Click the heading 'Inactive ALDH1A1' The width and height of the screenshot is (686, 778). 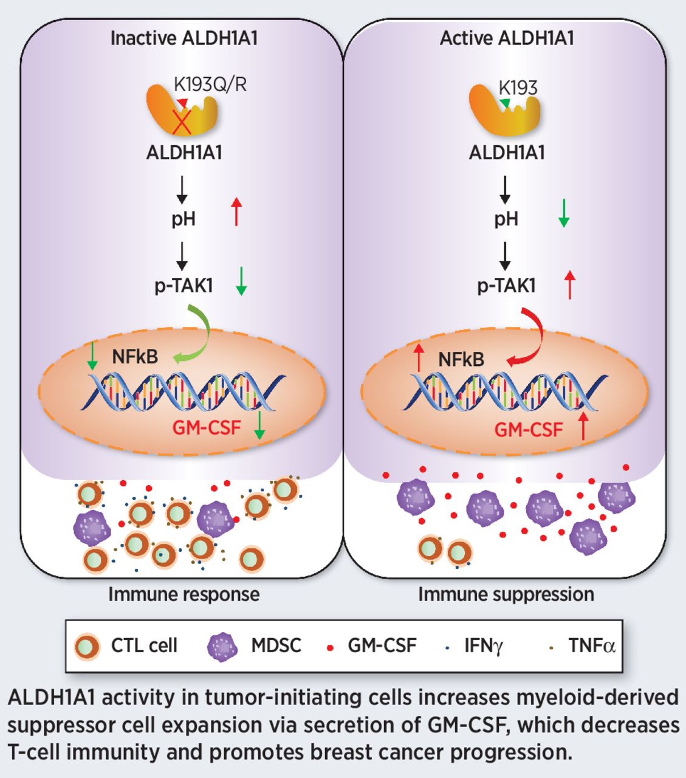click(184, 38)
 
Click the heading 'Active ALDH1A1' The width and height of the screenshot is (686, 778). click(506, 38)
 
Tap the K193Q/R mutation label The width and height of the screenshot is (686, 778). click(210, 84)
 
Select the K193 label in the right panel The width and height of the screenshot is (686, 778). click(518, 88)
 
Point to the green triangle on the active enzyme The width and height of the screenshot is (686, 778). click(504, 104)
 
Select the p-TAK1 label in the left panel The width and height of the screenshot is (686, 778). click(184, 286)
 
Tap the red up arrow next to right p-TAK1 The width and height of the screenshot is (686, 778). click(569, 285)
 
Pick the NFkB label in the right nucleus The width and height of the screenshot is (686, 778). click(461, 359)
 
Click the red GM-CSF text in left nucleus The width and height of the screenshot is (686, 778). click(207, 427)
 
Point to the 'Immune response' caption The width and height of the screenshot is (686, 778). click(184, 594)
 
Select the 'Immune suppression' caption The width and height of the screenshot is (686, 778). click(506, 594)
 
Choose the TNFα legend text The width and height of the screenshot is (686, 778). click(591, 645)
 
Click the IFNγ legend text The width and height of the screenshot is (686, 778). click(483, 645)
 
